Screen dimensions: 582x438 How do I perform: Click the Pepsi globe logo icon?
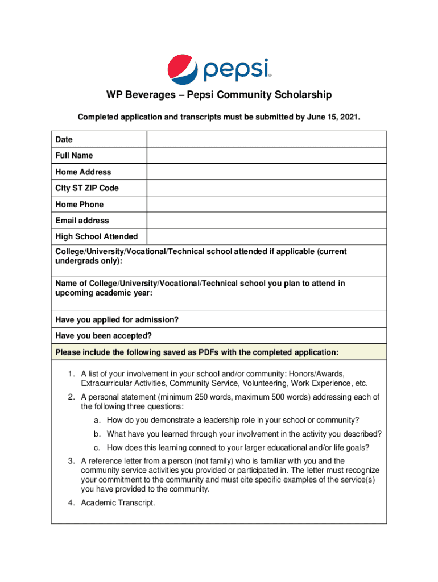pyautogui.click(x=182, y=68)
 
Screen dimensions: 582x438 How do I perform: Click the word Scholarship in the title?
pyautogui.click(x=299, y=95)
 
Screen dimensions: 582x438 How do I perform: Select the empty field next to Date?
pyautogui.click(x=266, y=139)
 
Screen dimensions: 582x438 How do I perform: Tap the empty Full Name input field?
pyautogui.click(x=266, y=156)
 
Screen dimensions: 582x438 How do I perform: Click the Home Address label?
pyautogui.click(x=83, y=172)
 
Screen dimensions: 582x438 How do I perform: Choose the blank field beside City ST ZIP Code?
pyautogui.click(x=266, y=188)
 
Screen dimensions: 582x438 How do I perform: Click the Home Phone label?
pyautogui.click(x=80, y=204)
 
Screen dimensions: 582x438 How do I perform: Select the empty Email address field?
pyautogui.click(x=266, y=221)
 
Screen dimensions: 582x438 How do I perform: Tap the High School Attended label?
pyautogui.click(x=96, y=236)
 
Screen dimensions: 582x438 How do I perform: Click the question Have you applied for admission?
pyautogui.click(x=117, y=320)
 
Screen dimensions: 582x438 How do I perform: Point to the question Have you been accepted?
pyautogui.click(x=104, y=336)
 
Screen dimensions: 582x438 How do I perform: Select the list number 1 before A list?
pyautogui.click(x=69, y=373)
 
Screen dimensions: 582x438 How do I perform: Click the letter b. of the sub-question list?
pyautogui.click(x=98, y=434)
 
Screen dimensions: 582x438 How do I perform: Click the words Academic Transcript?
pyautogui.click(x=118, y=502)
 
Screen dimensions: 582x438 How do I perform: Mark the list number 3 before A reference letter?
pyautogui.click(x=69, y=460)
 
